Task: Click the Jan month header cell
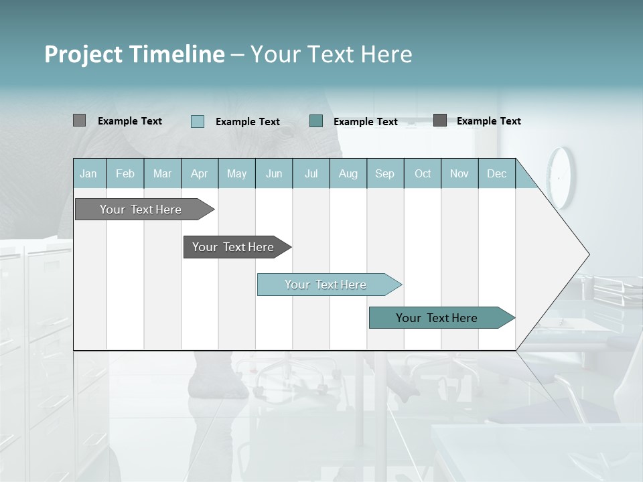pyautogui.click(x=89, y=173)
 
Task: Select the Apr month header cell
pyautogui.click(x=200, y=173)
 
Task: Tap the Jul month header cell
pyautogui.click(x=311, y=173)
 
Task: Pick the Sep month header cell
pyautogui.click(x=385, y=173)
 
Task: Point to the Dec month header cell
pyautogui.click(x=496, y=173)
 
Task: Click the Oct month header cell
pyautogui.click(x=423, y=173)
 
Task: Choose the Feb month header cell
pyautogui.click(x=125, y=173)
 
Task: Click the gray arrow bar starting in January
pyautogui.click(x=141, y=210)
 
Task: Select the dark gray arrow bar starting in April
pyautogui.click(x=234, y=247)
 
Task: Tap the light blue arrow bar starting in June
pyautogui.click(x=326, y=285)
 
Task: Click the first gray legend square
pyautogui.click(x=79, y=120)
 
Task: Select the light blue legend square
pyautogui.click(x=198, y=121)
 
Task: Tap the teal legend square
pyautogui.click(x=316, y=120)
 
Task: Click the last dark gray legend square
pyautogui.click(x=440, y=120)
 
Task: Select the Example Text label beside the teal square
pyautogui.click(x=365, y=121)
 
